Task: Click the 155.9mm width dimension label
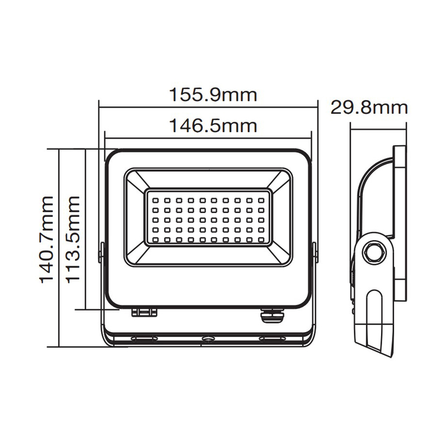211,95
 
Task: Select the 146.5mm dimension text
211,126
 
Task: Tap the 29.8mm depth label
369,107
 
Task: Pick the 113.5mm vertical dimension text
73,240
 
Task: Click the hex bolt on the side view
375,253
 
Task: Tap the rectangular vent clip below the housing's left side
145,312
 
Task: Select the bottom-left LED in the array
155,239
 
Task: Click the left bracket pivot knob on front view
100,253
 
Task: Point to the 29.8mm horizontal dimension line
378,129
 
